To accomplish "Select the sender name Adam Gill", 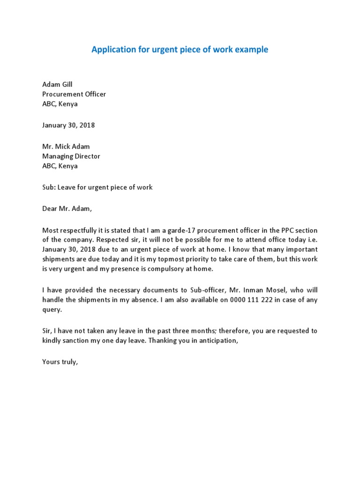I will point(57,84).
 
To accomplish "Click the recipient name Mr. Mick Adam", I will point(66,147).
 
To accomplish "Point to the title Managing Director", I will point(71,156).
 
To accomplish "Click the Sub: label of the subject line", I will point(48,187).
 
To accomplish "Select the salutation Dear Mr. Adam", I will point(67,209).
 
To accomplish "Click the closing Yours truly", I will point(60,361).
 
